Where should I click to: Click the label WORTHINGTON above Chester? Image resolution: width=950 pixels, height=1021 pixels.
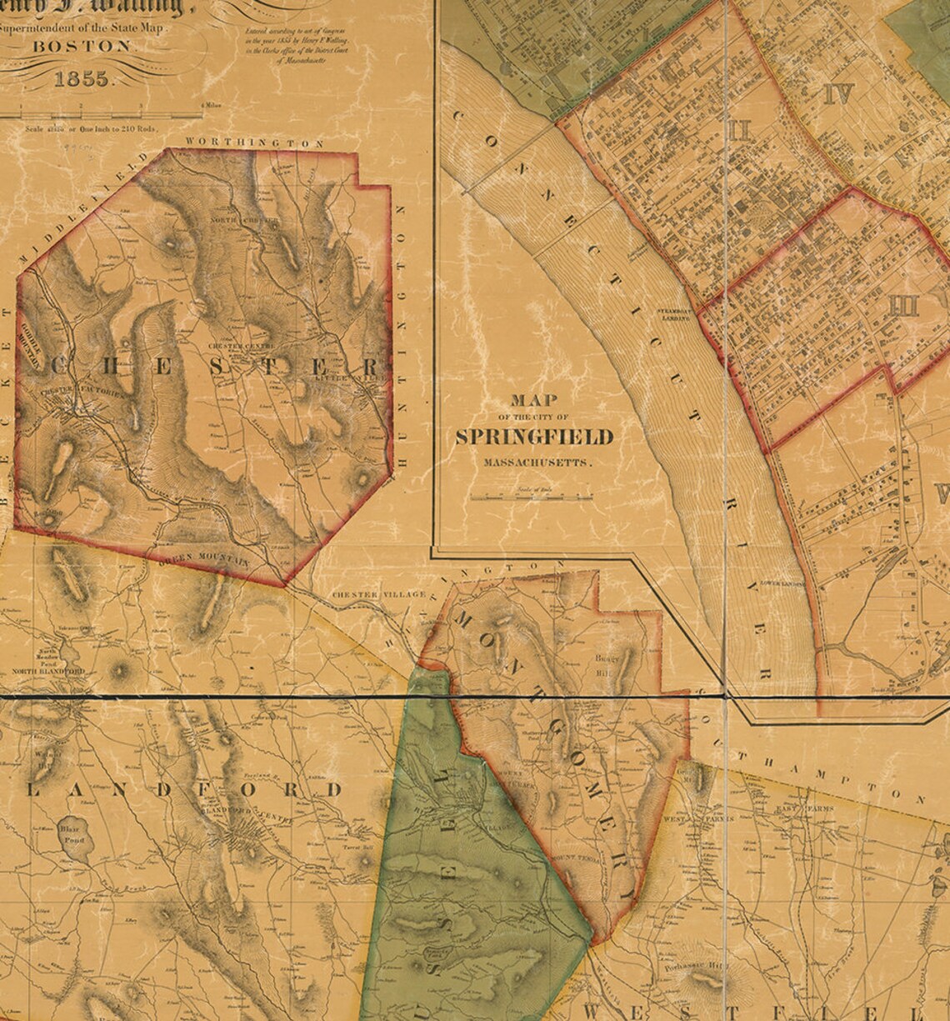coord(255,143)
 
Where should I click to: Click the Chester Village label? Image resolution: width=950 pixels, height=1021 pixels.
coord(379,594)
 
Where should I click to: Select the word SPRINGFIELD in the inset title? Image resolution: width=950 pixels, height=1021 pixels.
coord(534,438)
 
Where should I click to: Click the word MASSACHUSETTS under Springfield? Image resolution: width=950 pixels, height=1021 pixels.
coord(534,461)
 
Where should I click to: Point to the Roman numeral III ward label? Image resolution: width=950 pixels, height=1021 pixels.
coord(902,306)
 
